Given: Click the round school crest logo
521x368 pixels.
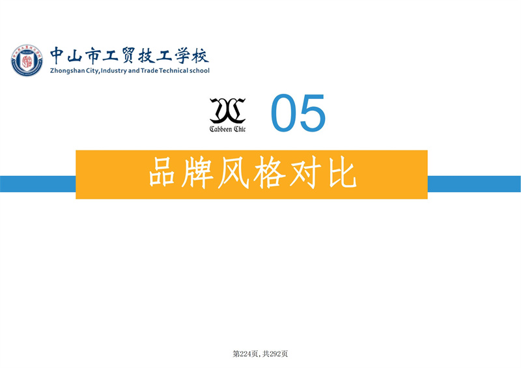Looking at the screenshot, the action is (27, 60).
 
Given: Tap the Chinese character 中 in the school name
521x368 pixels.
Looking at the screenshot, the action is (57, 55).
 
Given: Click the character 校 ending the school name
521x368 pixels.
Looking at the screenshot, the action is (201, 55).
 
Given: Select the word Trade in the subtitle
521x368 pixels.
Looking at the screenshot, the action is (149, 70).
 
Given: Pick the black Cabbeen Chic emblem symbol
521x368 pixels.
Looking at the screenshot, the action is (227, 110).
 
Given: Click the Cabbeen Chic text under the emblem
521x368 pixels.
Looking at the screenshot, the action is (227, 129).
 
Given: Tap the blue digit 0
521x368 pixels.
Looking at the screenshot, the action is (284, 113).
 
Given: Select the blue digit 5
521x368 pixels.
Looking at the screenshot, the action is (313, 113).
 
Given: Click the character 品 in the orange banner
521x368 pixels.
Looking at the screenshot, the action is (162, 172).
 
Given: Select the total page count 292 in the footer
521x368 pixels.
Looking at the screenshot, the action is (275, 354).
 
